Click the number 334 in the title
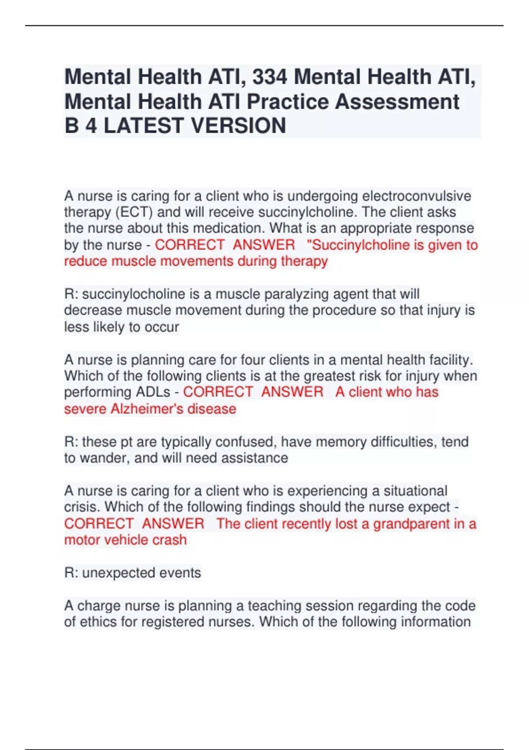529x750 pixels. pyautogui.click(x=270, y=77)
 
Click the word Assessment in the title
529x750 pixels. pyautogui.click(x=397, y=101)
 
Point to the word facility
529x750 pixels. pyautogui.click(x=452, y=360)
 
